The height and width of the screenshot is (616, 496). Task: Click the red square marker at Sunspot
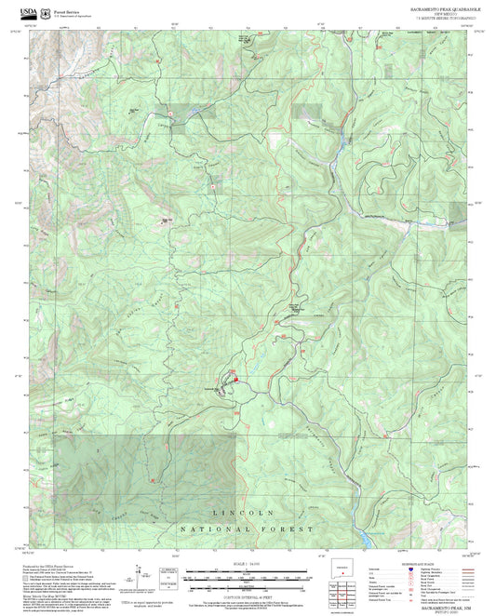pyautogui.click(x=236, y=379)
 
